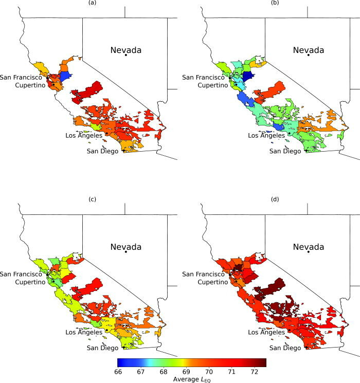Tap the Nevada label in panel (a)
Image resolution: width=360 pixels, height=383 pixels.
126,50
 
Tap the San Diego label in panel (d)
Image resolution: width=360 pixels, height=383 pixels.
283,348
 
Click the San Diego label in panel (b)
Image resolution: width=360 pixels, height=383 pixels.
283,151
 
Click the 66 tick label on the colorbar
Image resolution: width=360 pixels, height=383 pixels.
118,371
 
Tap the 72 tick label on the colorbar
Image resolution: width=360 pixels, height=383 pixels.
254,371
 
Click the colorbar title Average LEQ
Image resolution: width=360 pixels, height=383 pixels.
192,379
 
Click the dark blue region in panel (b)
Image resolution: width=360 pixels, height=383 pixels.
248,77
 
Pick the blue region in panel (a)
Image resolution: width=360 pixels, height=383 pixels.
65,77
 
